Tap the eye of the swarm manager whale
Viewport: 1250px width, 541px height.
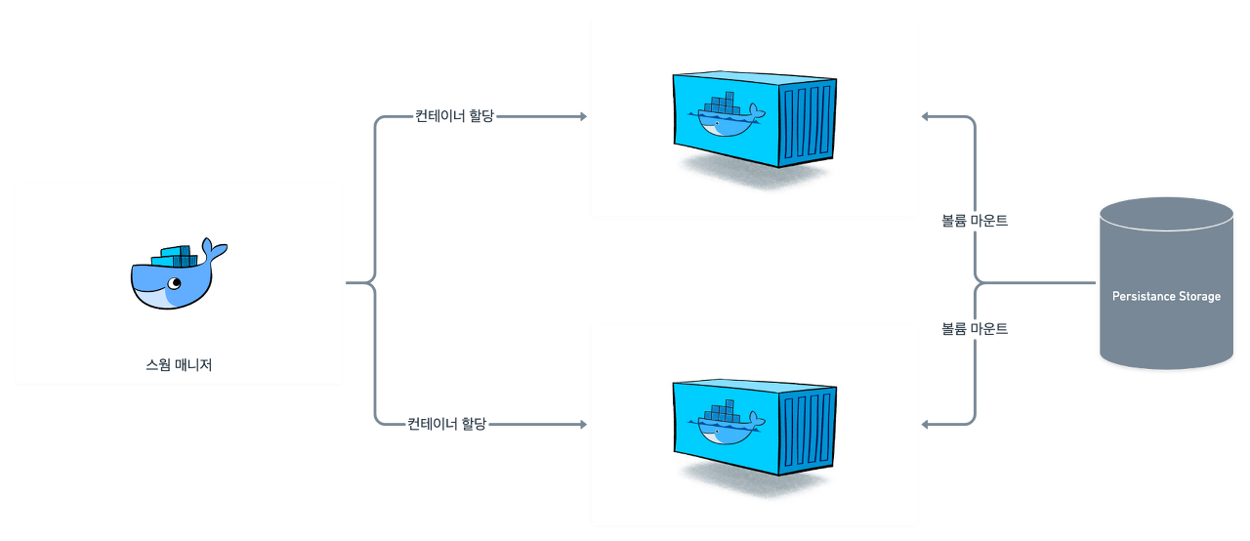click(x=174, y=284)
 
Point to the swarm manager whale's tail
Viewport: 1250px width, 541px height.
click(x=213, y=249)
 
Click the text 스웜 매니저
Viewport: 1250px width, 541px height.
click(x=179, y=366)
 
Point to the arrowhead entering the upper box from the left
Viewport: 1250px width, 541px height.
click(x=584, y=117)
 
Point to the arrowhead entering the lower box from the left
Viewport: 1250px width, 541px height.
click(x=584, y=425)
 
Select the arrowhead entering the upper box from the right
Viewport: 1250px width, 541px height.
click(x=926, y=117)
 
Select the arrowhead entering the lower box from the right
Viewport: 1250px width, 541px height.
click(x=926, y=425)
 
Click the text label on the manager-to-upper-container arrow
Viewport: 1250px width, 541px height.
click(x=455, y=117)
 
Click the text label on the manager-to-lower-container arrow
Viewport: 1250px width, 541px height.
click(x=446, y=425)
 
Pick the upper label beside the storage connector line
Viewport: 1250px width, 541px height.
click(x=975, y=221)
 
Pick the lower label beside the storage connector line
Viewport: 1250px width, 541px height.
click(x=975, y=329)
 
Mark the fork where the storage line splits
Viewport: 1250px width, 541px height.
click(x=978, y=283)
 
